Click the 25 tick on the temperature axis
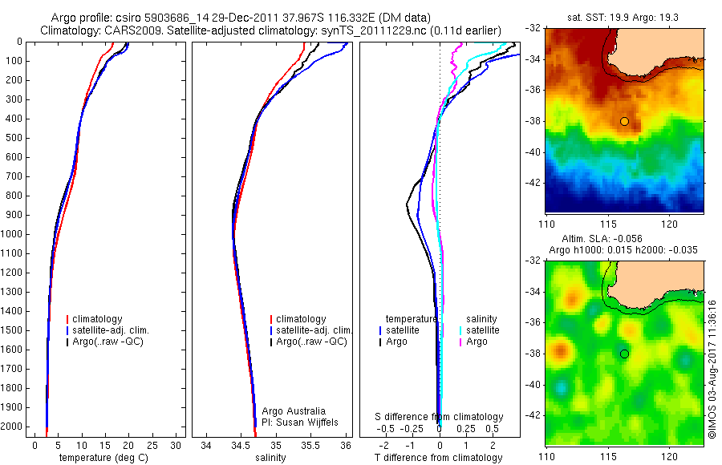point(152,444)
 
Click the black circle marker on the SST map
point(624,121)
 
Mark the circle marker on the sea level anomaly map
point(624,354)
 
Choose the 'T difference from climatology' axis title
point(439,458)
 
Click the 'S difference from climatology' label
point(439,417)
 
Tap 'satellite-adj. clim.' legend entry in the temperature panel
point(110,330)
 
